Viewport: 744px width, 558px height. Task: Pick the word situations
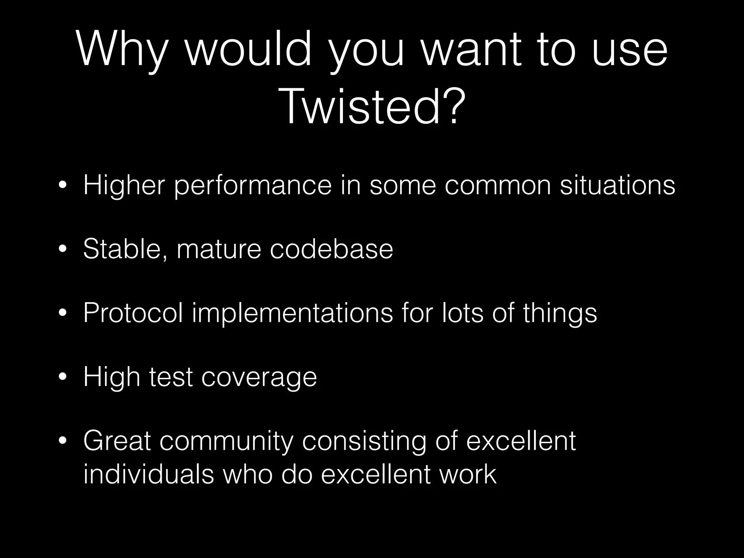tap(617, 185)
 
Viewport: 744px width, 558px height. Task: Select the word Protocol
tap(133, 313)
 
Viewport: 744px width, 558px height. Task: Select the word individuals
tap(149, 474)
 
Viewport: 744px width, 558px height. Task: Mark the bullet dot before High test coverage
tap(62, 378)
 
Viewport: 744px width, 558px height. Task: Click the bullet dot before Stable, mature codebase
tap(62, 250)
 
